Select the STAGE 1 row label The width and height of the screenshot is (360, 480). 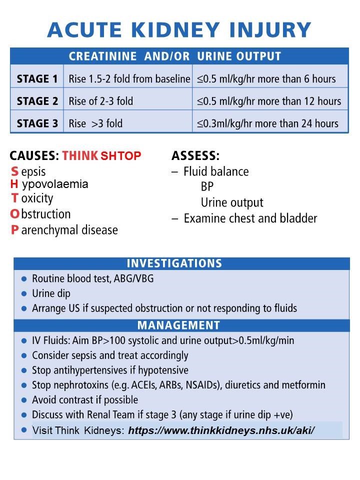pyautogui.click(x=37, y=78)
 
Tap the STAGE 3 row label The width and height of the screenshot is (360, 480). pyautogui.click(x=37, y=123)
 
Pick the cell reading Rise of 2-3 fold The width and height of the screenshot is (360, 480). pyautogui.click(x=101, y=101)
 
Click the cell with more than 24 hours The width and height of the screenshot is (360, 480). pyautogui.click(x=267, y=123)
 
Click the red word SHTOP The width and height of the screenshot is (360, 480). pyautogui.click(x=121, y=155)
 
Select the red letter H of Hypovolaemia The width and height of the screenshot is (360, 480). pyautogui.click(x=14, y=184)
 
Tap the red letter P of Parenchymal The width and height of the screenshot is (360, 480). pyautogui.click(x=14, y=230)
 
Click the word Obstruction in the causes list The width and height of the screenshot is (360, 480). pyautogui.click(x=40, y=214)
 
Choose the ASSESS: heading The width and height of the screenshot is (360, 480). pyautogui.click(x=195, y=155)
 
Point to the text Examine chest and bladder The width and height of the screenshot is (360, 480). pyautogui.click(x=250, y=218)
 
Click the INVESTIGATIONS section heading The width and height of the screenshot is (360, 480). pyautogui.click(x=174, y=263)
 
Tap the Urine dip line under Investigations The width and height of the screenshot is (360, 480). pyautogui.click(x=51, y=293)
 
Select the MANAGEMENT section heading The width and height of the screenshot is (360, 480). pyautogui.click(x=178, y=325)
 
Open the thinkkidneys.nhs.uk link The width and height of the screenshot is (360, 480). pyautogui.click(x=221, y=430)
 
